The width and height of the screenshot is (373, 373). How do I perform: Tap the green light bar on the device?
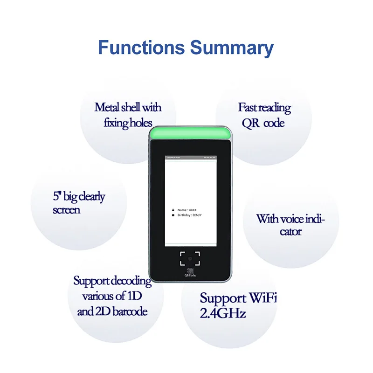tap(190, 133)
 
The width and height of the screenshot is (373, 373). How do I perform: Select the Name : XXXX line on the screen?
tap(188, 210)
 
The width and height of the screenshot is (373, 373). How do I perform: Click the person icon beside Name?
tap(173, 210)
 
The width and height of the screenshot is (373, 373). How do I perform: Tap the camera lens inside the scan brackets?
tap(190, 258)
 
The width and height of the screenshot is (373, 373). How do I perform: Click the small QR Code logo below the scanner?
tap(190, 272)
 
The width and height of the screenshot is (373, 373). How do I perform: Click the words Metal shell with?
tap(128, 108)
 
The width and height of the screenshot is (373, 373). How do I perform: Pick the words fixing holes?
tap(128, 123)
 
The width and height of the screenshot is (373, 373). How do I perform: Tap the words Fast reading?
tap(264, 108)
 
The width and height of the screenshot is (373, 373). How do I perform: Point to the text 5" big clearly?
tap(79, 197)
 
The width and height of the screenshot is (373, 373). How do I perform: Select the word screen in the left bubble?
tap(66, 210)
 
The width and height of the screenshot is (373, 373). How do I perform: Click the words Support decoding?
tap(112, 281)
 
